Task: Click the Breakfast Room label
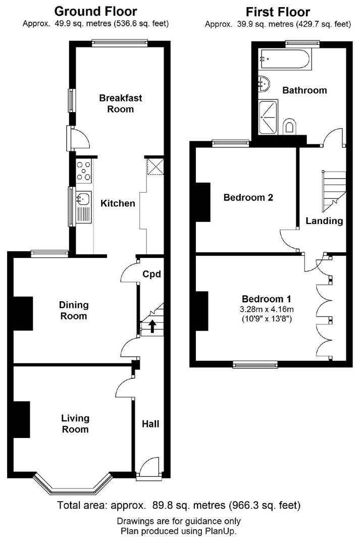tap(117, 103)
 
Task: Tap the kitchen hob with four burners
tap(83, 170)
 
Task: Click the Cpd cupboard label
tap(151, 275)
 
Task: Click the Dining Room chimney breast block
tap(23, 313)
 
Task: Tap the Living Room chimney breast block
tap(22, 419)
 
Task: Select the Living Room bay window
tap(71, 486)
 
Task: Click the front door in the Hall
tap(149, 466)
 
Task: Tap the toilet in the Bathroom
tap(289, 126)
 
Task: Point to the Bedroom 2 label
tap(248, 198)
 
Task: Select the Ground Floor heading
tap(95, 11)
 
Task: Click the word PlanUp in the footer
tap(220, 531)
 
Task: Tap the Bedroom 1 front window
tap(255, 364)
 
